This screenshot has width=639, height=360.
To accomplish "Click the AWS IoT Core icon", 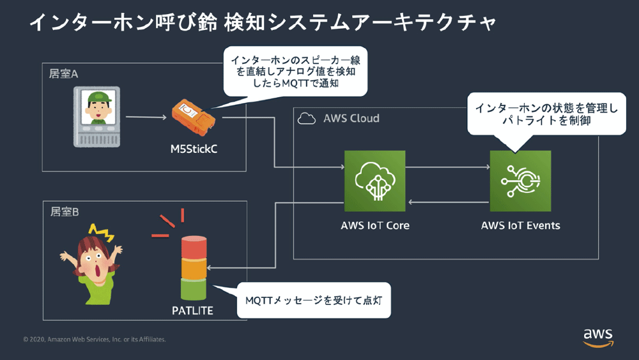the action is (x=375, y=181).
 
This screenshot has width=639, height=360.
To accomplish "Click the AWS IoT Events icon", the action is (x=520, y=181).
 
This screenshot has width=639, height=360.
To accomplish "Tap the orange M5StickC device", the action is (x=194, y=118).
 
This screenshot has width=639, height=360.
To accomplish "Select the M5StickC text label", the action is (x=194, y=149).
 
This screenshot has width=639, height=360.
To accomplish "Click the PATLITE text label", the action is (x=192, y=311).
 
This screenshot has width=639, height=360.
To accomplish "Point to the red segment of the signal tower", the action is (x=194, y=247).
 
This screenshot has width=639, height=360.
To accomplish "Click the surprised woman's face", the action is (x=95, y=262).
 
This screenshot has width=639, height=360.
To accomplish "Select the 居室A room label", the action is (x=63, y=74).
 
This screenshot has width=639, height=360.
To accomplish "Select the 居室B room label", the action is (x=65, y=212).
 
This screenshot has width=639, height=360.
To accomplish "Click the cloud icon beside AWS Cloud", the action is (x=307, y=119).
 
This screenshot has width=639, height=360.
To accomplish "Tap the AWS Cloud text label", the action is (x=351, y=118).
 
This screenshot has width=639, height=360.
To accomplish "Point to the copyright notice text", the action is (x=95, y=339).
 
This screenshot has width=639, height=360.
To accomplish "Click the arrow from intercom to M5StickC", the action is (x=146, y=117).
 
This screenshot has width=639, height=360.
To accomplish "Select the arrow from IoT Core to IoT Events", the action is (x=447, y=167).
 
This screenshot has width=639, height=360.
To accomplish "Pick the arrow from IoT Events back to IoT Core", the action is (x=449, y=202).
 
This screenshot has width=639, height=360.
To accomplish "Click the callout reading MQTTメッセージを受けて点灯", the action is (x=314, y=301).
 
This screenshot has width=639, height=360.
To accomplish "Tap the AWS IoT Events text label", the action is (x=520, y=226).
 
